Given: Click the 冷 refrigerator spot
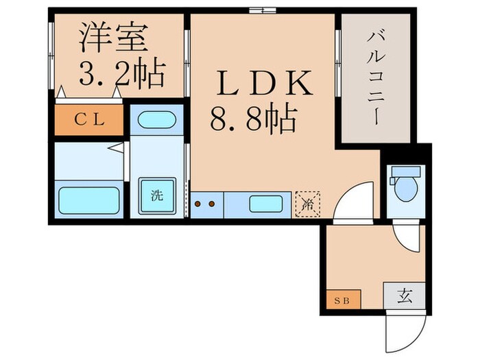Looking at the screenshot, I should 306,204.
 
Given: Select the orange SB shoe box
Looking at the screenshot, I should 340,298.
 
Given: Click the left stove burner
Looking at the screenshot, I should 199,204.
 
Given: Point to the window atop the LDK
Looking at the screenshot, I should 263,10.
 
